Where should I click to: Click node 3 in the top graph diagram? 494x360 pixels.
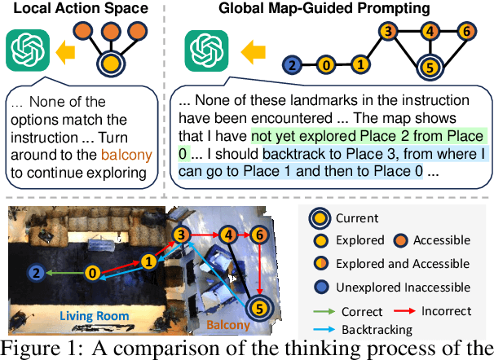390,32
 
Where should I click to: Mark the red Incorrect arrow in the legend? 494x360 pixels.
405,312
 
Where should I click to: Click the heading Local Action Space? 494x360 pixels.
75,9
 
